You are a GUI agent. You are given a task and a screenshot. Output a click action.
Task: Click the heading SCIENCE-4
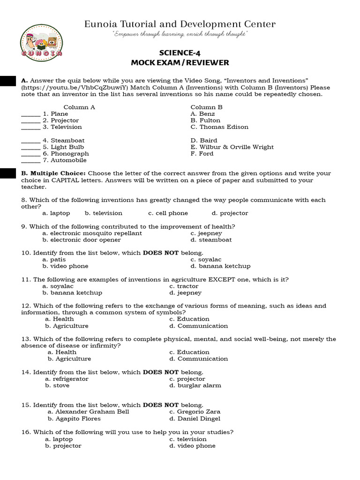coord(180,53)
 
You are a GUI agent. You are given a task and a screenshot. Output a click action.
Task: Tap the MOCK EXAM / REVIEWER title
coord(180,63)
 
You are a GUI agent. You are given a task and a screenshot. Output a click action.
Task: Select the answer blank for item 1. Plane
coord(31,114)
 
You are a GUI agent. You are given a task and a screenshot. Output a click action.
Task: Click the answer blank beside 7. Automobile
coord(31,161)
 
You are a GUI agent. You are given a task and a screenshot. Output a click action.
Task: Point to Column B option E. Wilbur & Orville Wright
coord(232,147)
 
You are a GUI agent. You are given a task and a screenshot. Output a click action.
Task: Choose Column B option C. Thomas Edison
coord(219,127)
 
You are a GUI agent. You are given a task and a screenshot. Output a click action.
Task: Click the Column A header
coord(79,107)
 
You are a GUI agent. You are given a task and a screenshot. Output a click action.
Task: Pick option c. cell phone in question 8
coord(168,213)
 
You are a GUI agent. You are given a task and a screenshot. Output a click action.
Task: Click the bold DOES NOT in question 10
coord(161,253)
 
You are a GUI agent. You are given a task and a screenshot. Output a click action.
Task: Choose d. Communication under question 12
coord(198,326)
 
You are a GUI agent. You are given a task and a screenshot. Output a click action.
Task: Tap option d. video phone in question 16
coord(192,446)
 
